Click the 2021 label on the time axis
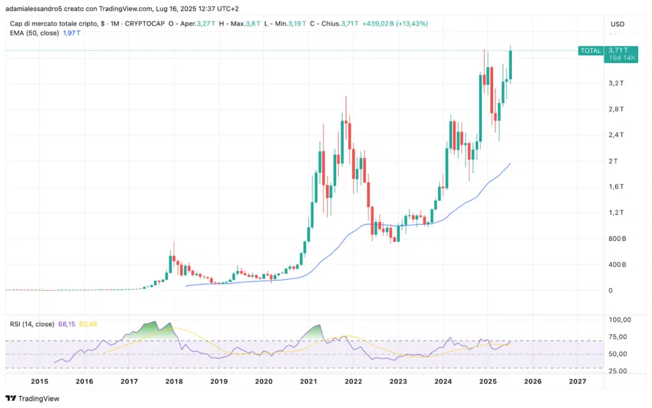click(x=308, y=381)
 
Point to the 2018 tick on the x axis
click(x=174, y=381)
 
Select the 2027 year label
click(x=577, y=381)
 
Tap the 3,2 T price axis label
click(x=615, y=84)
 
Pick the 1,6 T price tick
click(x=615, y=187)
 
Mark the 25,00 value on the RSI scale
click(x=616, y=370)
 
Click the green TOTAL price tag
click(x=590, y=50)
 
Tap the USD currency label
click(x=617, y=24)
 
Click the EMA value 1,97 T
click(x=74, y=33)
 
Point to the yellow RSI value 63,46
click(x=89, y=324)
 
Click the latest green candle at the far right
click(x=511, y=65)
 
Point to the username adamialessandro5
click(x=38, y=8)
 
